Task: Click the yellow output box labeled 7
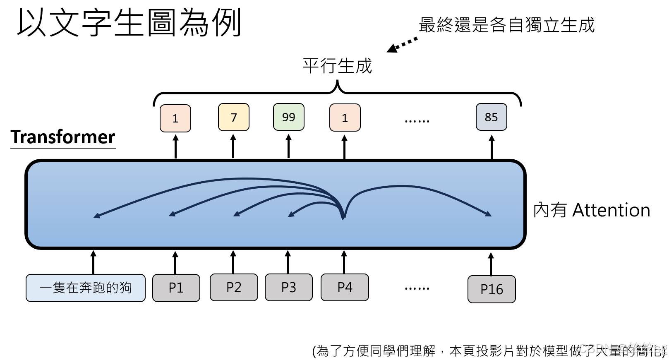tap(233, 117)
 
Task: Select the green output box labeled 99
tap(289, 117)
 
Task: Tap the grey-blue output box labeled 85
tap(491, 117)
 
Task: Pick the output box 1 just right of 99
tap(345, 118)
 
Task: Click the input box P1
tap(176, 288)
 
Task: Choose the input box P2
tap(234, 287)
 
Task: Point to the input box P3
tap(288, 287)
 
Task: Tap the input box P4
tap(345, 287)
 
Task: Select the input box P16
tap(492, 289)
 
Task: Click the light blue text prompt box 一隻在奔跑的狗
tap(86, 288)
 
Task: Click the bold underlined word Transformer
tap(63, 137)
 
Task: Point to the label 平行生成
tap(337, 66)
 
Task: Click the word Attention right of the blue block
tap(611, 210)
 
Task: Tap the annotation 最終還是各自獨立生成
tap(506, 25)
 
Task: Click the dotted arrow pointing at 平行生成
tap(402, 45)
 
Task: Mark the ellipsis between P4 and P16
tap(417, 288)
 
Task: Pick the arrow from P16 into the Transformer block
tap(491, 264)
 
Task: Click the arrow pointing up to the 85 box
tap(492, 147)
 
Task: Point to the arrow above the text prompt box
tap(94, 262)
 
